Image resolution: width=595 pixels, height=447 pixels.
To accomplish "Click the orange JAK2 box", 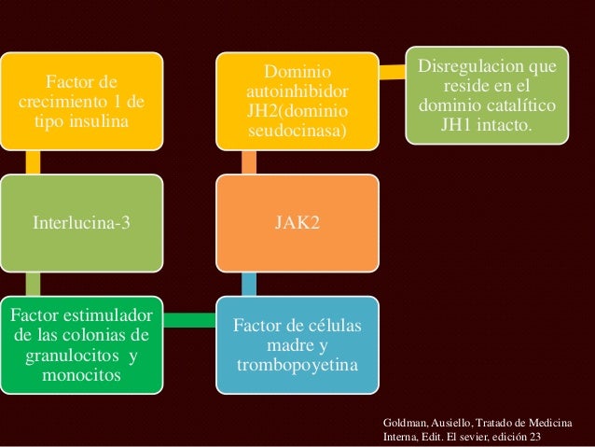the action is tap(298, 223).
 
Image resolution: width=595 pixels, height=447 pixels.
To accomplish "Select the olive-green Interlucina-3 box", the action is tap(82, 223).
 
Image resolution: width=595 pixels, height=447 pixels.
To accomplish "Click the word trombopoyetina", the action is tap(298, 363).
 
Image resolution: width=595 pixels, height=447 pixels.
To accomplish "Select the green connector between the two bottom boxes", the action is tap(190, 321).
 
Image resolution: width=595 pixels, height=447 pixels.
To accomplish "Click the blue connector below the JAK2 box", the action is tap(249, 281).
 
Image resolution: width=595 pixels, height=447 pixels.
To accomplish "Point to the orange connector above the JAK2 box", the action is tap(249, 163).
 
